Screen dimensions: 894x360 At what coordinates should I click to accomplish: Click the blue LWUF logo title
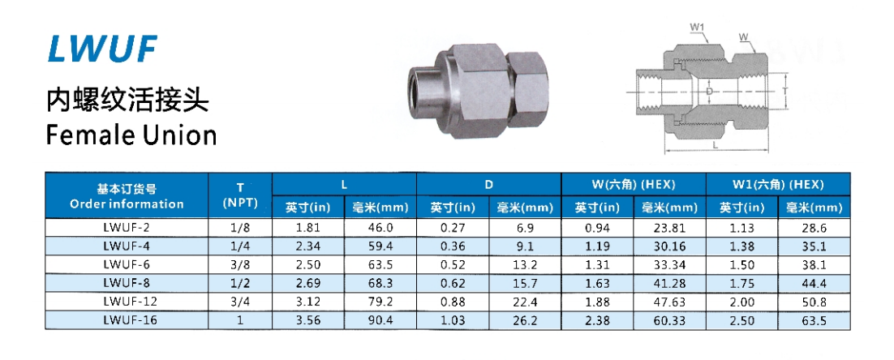(x=102, y=49)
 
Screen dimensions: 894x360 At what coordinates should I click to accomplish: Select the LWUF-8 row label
(x=127, y=283)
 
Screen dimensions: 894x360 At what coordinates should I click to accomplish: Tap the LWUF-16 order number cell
(x=127, y=320)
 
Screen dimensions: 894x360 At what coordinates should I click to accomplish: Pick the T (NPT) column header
(x=240, y=195)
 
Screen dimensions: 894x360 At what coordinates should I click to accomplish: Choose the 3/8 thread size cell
(x=240, y=265)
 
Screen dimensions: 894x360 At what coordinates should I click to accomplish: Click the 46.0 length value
(x=380, y=228)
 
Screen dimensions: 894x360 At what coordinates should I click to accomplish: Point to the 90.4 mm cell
(x=380, y=320)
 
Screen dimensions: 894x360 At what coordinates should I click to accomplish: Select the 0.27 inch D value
(x=453, y=228)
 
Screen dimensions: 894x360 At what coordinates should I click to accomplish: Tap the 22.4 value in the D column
(x=525, y=302)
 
